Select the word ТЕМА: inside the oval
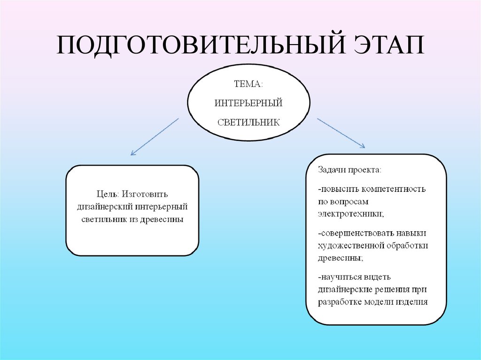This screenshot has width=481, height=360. (x=248, y=84)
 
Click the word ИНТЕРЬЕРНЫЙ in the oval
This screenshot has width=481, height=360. (x=248, y=103)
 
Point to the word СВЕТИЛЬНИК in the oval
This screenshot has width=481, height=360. (x=248, y=122)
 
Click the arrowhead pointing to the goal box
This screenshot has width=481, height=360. (x=133, y=153)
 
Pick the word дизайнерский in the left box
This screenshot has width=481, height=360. (x=104, y=207)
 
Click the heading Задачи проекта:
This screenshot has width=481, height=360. (x=349, y=169)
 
